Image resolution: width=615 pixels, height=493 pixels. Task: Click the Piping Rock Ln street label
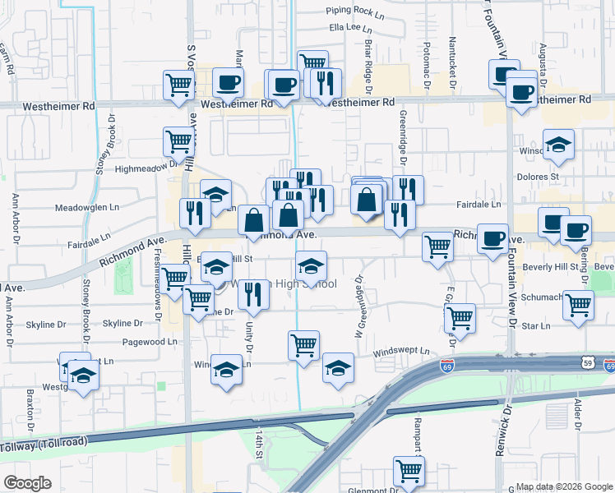(355, 11)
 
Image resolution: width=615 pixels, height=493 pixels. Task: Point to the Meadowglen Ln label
(86, 208)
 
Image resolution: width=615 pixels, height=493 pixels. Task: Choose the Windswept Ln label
(401, 352)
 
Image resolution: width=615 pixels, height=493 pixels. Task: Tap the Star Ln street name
(535, 326)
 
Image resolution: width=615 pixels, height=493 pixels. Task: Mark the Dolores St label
(538, 176)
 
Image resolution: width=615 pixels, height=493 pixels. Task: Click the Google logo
(28, 483)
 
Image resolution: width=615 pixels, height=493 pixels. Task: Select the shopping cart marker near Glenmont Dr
(409, 471)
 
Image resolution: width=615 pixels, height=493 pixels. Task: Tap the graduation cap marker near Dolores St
(558, 145)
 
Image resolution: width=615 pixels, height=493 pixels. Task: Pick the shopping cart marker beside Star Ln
(579, 306)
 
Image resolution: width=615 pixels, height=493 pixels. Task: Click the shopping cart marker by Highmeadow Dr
(178, 141)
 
